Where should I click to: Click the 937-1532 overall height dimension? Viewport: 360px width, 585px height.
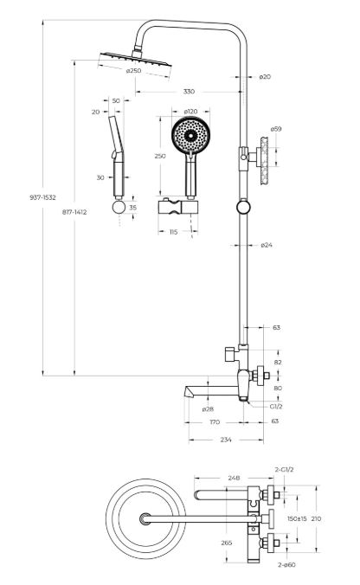coord(42,197)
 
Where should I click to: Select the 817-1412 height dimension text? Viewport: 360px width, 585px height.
coord(74,212)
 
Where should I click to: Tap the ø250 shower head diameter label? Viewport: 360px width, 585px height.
coord(133,70)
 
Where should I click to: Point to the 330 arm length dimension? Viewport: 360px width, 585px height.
coord(189,92)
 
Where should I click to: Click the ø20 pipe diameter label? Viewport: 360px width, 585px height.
coord(265,77)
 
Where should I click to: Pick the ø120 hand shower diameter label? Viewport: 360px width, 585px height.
coord(190,111)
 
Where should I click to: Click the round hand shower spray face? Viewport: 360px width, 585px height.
coord(190,135)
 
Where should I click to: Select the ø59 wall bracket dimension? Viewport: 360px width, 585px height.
coord(276,129)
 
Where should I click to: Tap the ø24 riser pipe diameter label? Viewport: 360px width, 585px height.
coord(267,245)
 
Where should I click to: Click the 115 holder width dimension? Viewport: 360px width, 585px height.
coord(173,232)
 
